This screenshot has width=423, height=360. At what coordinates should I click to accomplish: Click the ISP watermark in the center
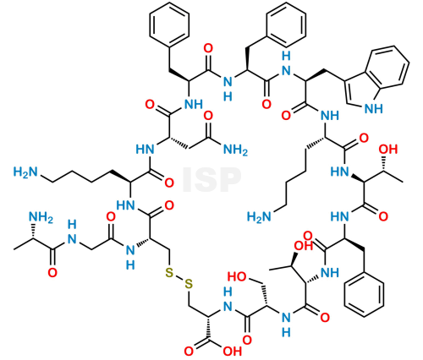211,180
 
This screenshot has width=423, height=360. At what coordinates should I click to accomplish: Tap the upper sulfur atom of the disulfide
169,272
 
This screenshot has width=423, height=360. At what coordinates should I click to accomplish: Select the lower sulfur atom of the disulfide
189,284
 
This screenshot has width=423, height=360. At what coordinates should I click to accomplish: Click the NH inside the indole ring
374,108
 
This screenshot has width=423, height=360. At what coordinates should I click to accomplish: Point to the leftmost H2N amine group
25,172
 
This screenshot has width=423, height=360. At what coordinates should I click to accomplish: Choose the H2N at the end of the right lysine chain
259,216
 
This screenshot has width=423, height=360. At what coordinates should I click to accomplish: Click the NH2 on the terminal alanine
41,217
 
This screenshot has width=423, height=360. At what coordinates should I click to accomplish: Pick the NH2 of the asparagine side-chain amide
235,150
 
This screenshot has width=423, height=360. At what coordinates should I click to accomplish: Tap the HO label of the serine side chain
237,276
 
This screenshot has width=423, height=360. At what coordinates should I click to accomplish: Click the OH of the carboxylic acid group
233,352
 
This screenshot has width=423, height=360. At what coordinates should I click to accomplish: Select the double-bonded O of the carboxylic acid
189,352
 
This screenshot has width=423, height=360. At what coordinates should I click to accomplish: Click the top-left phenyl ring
169,25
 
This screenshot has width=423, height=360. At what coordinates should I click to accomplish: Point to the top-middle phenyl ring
286,25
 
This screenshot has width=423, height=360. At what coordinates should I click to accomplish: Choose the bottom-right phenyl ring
364,295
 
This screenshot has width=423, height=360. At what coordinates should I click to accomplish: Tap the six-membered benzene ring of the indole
390,66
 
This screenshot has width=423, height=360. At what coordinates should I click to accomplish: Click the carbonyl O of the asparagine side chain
208,116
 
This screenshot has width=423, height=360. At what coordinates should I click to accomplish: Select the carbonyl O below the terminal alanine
52,273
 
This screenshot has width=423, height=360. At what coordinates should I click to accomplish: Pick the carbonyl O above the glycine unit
111,216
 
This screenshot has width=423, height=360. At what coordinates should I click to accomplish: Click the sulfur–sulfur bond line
179,278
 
